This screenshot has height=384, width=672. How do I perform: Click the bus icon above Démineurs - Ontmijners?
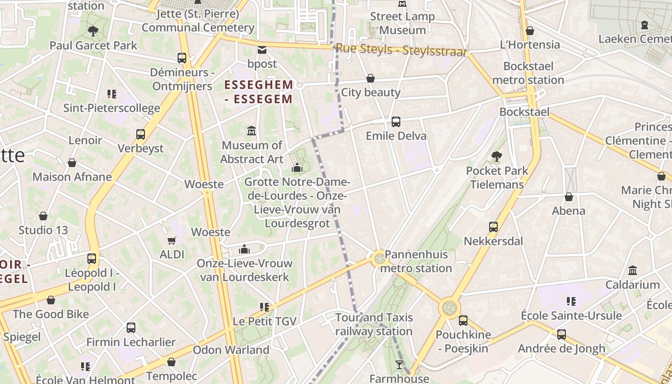click(182, 58)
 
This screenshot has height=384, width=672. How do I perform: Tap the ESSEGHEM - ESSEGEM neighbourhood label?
click(259, 92)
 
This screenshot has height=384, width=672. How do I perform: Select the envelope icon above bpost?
click(262, 49)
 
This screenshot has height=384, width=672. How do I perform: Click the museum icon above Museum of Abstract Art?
click(251, 131)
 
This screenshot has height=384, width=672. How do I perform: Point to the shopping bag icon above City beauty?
click(371, 78)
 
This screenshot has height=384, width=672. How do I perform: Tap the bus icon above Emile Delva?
click(396, 122)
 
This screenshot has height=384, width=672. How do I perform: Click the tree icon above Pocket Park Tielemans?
click(497, 156)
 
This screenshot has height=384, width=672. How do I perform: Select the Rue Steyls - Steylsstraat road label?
click(401, 49)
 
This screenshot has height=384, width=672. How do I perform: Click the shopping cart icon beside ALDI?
click(172, 240)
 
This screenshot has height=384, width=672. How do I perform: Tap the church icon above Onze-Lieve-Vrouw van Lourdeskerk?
click(244, 249)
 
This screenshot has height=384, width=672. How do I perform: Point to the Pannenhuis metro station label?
click(416, 261)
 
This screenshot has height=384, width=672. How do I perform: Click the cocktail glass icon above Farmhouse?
click(399, 365)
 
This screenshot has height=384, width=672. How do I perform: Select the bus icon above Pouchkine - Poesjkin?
click(463, 321)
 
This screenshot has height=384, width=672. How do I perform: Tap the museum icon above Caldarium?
click(633, 271)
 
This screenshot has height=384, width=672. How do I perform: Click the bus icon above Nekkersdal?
click(493, 227)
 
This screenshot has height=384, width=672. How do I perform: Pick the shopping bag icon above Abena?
click(569, 197)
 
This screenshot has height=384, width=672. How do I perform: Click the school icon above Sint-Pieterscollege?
click(112, 94)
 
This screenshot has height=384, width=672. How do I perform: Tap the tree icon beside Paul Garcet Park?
click(93, 32)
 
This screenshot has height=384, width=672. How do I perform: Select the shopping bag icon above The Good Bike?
click(51, 300)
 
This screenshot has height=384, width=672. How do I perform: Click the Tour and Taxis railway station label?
click(374, 324)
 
